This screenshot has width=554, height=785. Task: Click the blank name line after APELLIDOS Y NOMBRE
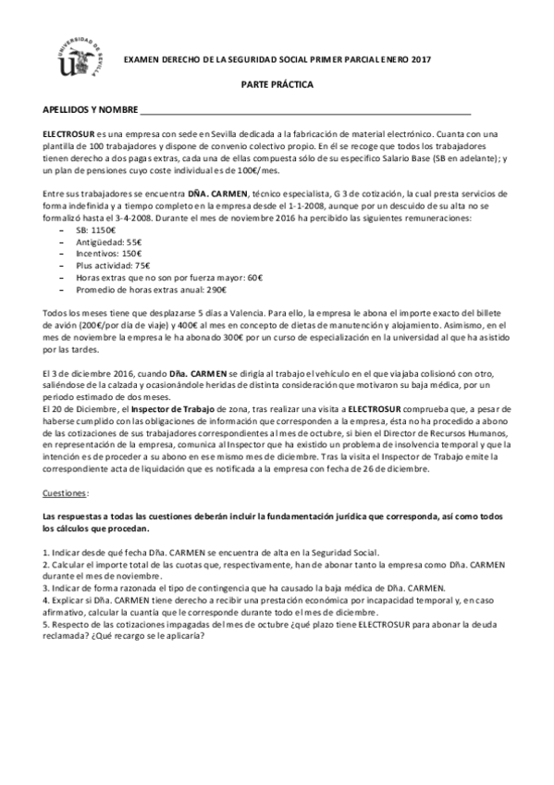(305, 111)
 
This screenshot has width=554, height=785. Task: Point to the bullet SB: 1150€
(95, 229)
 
